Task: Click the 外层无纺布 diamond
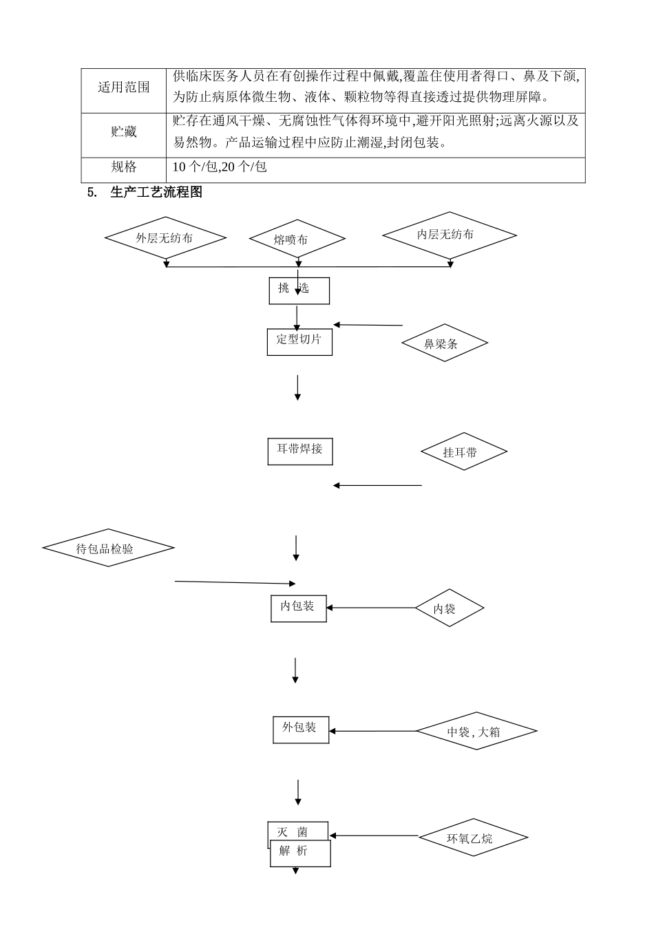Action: point(165,238)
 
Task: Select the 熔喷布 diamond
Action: point(297,240)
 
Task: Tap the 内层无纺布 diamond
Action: point(449,235)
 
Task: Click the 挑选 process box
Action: point(299,290)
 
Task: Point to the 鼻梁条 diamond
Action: point(445,343)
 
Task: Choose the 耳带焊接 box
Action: point(299,450)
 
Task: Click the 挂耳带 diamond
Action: point(463,451)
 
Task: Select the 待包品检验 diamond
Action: point(108,549)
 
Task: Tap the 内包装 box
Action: point(298,608)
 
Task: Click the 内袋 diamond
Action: point(449,608)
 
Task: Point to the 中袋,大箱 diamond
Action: point(476,731)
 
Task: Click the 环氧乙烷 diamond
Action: point(473,838)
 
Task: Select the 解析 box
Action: point(300,853)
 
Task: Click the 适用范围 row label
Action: point(124,87)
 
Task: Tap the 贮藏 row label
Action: point(124,132)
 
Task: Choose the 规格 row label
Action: point(124,167)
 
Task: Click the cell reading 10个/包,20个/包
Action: point(220,167)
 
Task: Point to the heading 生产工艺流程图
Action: point(156,193)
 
